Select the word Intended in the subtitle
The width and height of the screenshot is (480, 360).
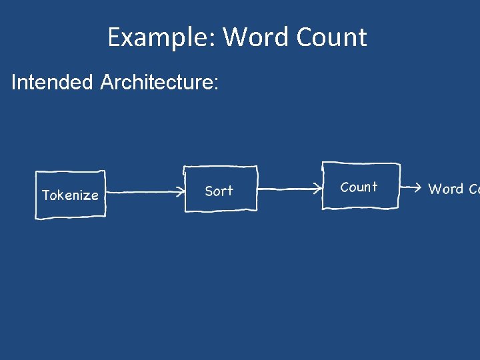pyautogui.click(x=52, y=83)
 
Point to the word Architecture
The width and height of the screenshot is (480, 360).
pyautogui.click(x=157, y=83)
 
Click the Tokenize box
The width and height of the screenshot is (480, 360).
pyautogui.click(x=70, y=194)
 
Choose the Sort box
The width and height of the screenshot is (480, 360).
pyautogui.click(x=220, y=189)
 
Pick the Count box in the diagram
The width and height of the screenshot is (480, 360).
pyautogui.click(x=361, y=186)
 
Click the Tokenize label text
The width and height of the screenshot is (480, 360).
pyautogui.click(x=70, y=195)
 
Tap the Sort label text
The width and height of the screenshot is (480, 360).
pyautogui.click(x=219, y=191)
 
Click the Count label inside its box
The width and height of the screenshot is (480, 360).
pyautogui.click(x=359, y=187)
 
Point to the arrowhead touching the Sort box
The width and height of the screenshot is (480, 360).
pyautogui.click(x=182, y=193)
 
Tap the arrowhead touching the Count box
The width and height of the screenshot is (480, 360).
pyautogui.click(x=319, y=189)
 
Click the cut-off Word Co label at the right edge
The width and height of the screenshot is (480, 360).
pyautogui.click(x=453, y=189)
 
